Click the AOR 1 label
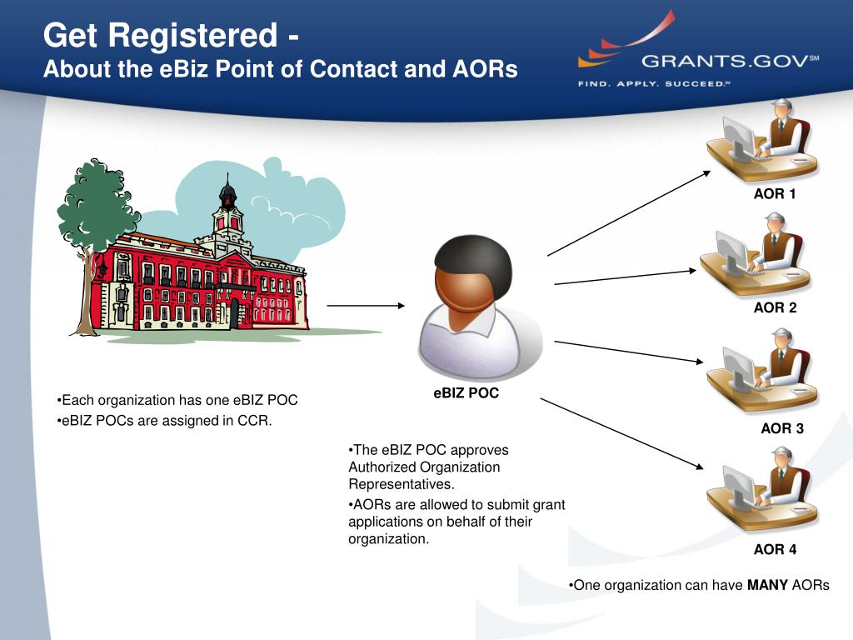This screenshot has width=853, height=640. coord(775,194)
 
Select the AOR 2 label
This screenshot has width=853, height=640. coord(775,307)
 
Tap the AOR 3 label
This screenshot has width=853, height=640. coord(781,429)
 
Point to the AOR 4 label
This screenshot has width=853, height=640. coord(775,549)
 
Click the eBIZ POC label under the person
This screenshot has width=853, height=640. coord(466,393)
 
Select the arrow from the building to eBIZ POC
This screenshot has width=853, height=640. coord(366,306)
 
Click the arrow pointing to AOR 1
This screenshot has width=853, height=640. coord(629,213)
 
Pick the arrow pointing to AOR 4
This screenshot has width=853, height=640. coord(625,435)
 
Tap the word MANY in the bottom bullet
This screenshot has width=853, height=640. coord(767,585)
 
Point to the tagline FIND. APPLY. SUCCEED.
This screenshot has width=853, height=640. coord(653,83)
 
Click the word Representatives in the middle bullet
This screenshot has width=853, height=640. coord(402,483)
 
